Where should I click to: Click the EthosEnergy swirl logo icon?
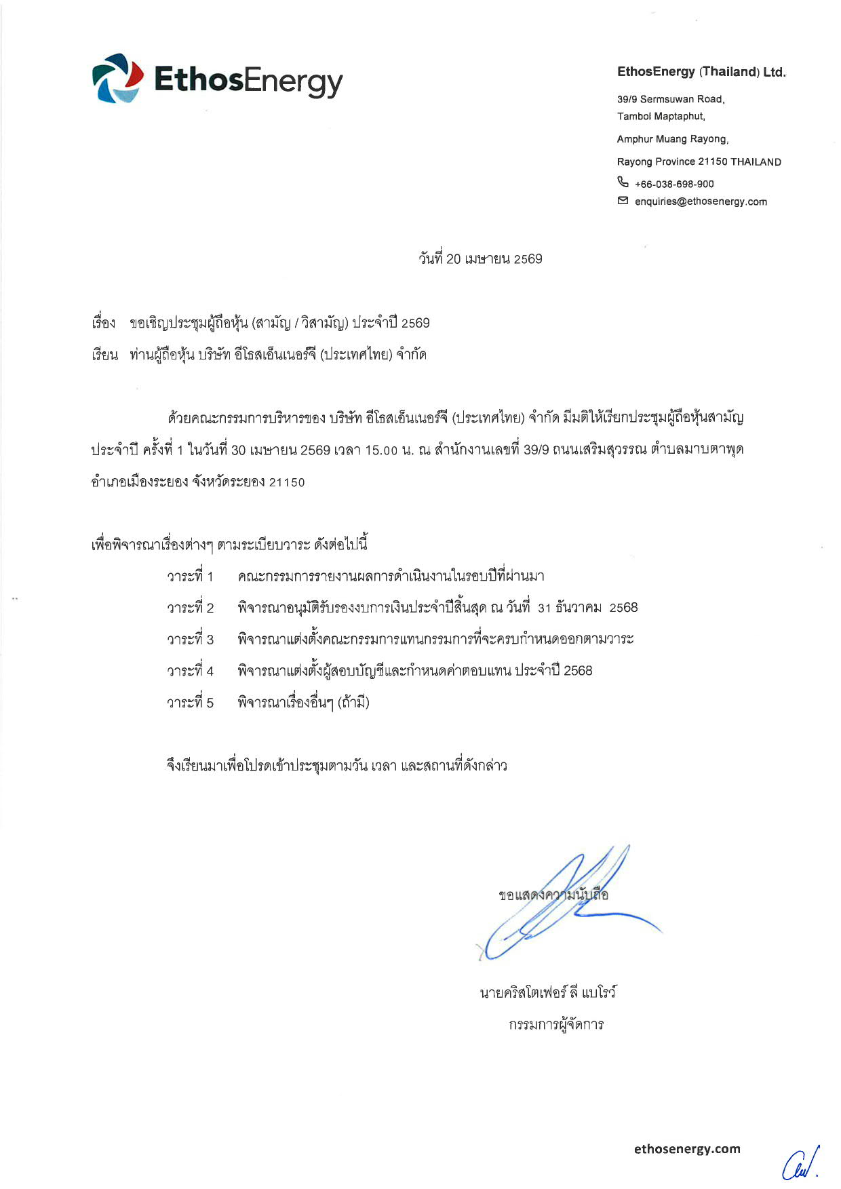(x=117, y=79)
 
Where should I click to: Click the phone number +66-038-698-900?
(x=673, y=184)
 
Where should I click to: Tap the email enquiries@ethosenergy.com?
(x=701, y=201)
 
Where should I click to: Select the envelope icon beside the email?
(x=623, y=201)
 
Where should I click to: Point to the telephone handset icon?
(x=623, y=182)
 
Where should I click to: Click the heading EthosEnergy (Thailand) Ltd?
(x=701, y=72)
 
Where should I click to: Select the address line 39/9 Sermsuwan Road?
(x=670, y=99)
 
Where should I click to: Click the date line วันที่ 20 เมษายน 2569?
(x=480, y=258)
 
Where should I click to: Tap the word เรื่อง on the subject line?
(x=104, y=323)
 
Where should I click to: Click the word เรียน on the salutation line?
(x=104, y=355)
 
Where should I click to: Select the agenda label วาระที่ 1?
(x=190, y=577)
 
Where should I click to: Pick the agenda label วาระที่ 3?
(x=190, y=639)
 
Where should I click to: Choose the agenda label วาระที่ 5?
(x=190, y=703)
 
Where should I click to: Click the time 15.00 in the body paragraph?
(x=380, y=450)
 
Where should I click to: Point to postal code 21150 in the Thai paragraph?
(x=287, y=482)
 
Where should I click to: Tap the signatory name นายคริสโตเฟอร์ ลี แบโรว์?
(x=548, y=992)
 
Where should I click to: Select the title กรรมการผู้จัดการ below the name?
(x=556, y=1024)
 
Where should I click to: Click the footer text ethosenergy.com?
(x=687, y=1148)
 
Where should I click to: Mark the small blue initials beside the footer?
(x=801, y=1164)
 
